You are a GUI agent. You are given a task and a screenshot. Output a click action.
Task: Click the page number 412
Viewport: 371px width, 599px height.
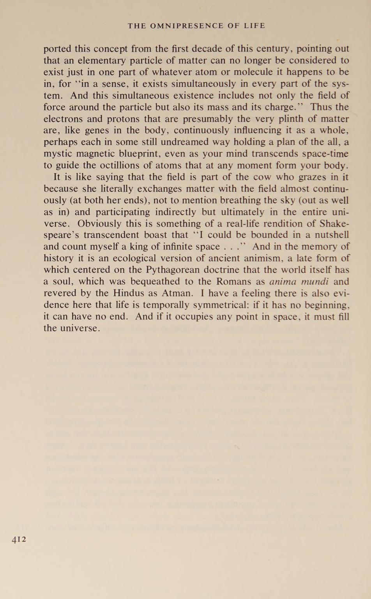pyautogui.click(x=19, y=540)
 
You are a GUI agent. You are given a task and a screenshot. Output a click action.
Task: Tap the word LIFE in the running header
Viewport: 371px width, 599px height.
pyautogui.click(x=255, y=26)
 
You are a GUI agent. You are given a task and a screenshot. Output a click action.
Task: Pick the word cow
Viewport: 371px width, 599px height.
pyautogui.click(x=262, y=177)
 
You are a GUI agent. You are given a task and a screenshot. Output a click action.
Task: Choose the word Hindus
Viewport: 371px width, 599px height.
pyautogui.click(x=124, y=293)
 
